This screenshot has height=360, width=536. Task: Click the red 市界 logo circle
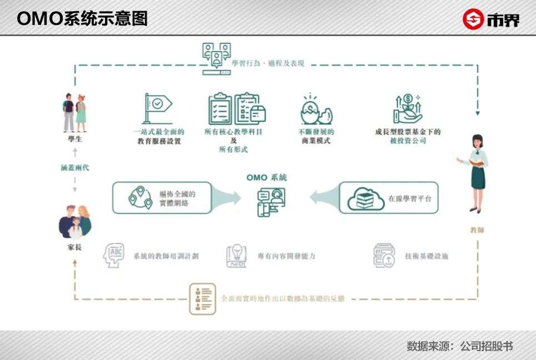(x=473, y=19)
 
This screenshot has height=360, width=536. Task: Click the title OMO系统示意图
(x=82, y=18)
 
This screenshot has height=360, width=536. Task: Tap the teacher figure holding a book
(x=475, y=173)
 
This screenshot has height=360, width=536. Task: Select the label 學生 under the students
(x=74, y=139)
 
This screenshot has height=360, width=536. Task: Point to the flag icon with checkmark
(x=157, y=107)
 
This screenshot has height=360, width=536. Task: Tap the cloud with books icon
(x=366, y=198)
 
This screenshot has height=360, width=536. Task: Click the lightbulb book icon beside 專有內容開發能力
(x=236, y=256)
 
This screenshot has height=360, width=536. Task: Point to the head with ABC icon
(x=114, y=256)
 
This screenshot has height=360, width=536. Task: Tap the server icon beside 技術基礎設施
(x=383, y=256)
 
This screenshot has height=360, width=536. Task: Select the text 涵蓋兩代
(x=74, y=167)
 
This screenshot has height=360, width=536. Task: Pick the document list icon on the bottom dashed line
(x=202, y=298)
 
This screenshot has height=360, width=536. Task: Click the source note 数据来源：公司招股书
(x=459, y=346)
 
